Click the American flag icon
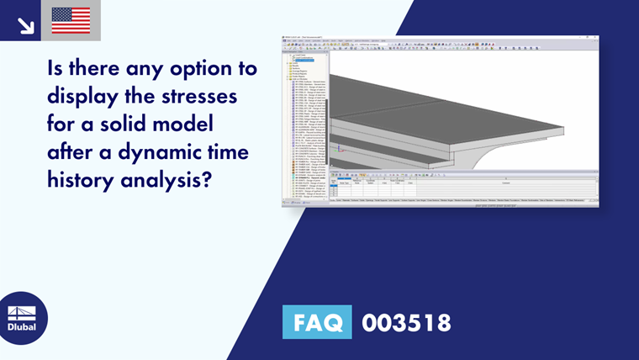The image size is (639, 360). pos(71,20)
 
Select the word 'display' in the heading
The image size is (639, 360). pos(80,96)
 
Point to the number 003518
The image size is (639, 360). pos(406,322)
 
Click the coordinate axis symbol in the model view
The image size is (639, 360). pos(339,151)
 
